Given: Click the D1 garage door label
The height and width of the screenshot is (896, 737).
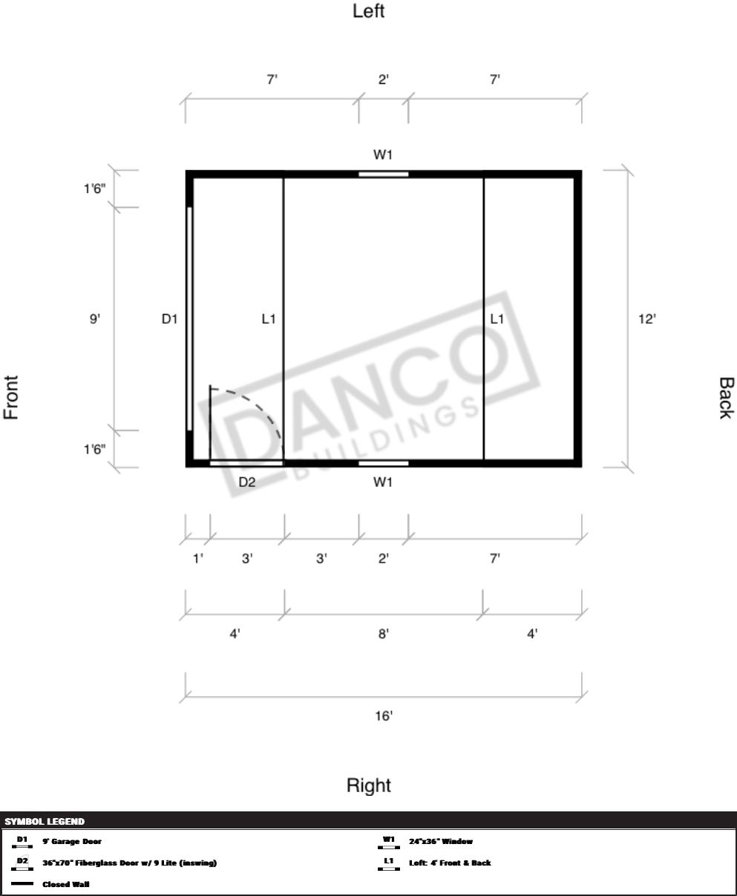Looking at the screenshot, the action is [169, 318].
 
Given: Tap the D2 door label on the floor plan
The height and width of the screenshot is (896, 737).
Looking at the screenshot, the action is [247, 482].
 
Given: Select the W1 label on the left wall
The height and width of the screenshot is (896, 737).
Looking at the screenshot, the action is [383, 154].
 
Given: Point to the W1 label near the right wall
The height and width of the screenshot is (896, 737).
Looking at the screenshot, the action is [383, 482].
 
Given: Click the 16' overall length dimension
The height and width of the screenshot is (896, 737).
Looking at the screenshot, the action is [384, 716].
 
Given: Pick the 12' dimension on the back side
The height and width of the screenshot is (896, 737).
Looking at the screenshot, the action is [647, 318].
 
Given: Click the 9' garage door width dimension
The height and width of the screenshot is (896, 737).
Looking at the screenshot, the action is [95, 318].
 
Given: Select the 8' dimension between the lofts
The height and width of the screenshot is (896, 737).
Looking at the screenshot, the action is [384, 634].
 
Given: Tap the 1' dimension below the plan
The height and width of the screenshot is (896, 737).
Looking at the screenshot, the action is [198, 558].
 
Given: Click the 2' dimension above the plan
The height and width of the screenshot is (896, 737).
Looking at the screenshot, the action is [384, 79].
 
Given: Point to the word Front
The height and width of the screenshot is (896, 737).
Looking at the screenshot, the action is [11, 397].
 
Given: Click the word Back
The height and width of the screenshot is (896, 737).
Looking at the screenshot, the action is [726, 398].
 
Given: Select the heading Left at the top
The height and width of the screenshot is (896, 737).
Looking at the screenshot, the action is [369, 11].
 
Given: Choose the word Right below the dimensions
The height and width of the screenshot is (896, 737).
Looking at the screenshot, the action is [369, 785].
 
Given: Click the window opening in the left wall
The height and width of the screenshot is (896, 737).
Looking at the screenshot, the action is [384, 174].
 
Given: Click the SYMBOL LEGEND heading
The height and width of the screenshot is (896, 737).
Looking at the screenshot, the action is [45, 821].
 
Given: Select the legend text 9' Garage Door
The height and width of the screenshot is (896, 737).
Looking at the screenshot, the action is [72, 841].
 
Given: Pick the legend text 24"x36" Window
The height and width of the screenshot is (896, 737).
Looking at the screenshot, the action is [441, 841].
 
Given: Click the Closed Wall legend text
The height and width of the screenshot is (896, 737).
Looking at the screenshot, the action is [66, 884].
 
